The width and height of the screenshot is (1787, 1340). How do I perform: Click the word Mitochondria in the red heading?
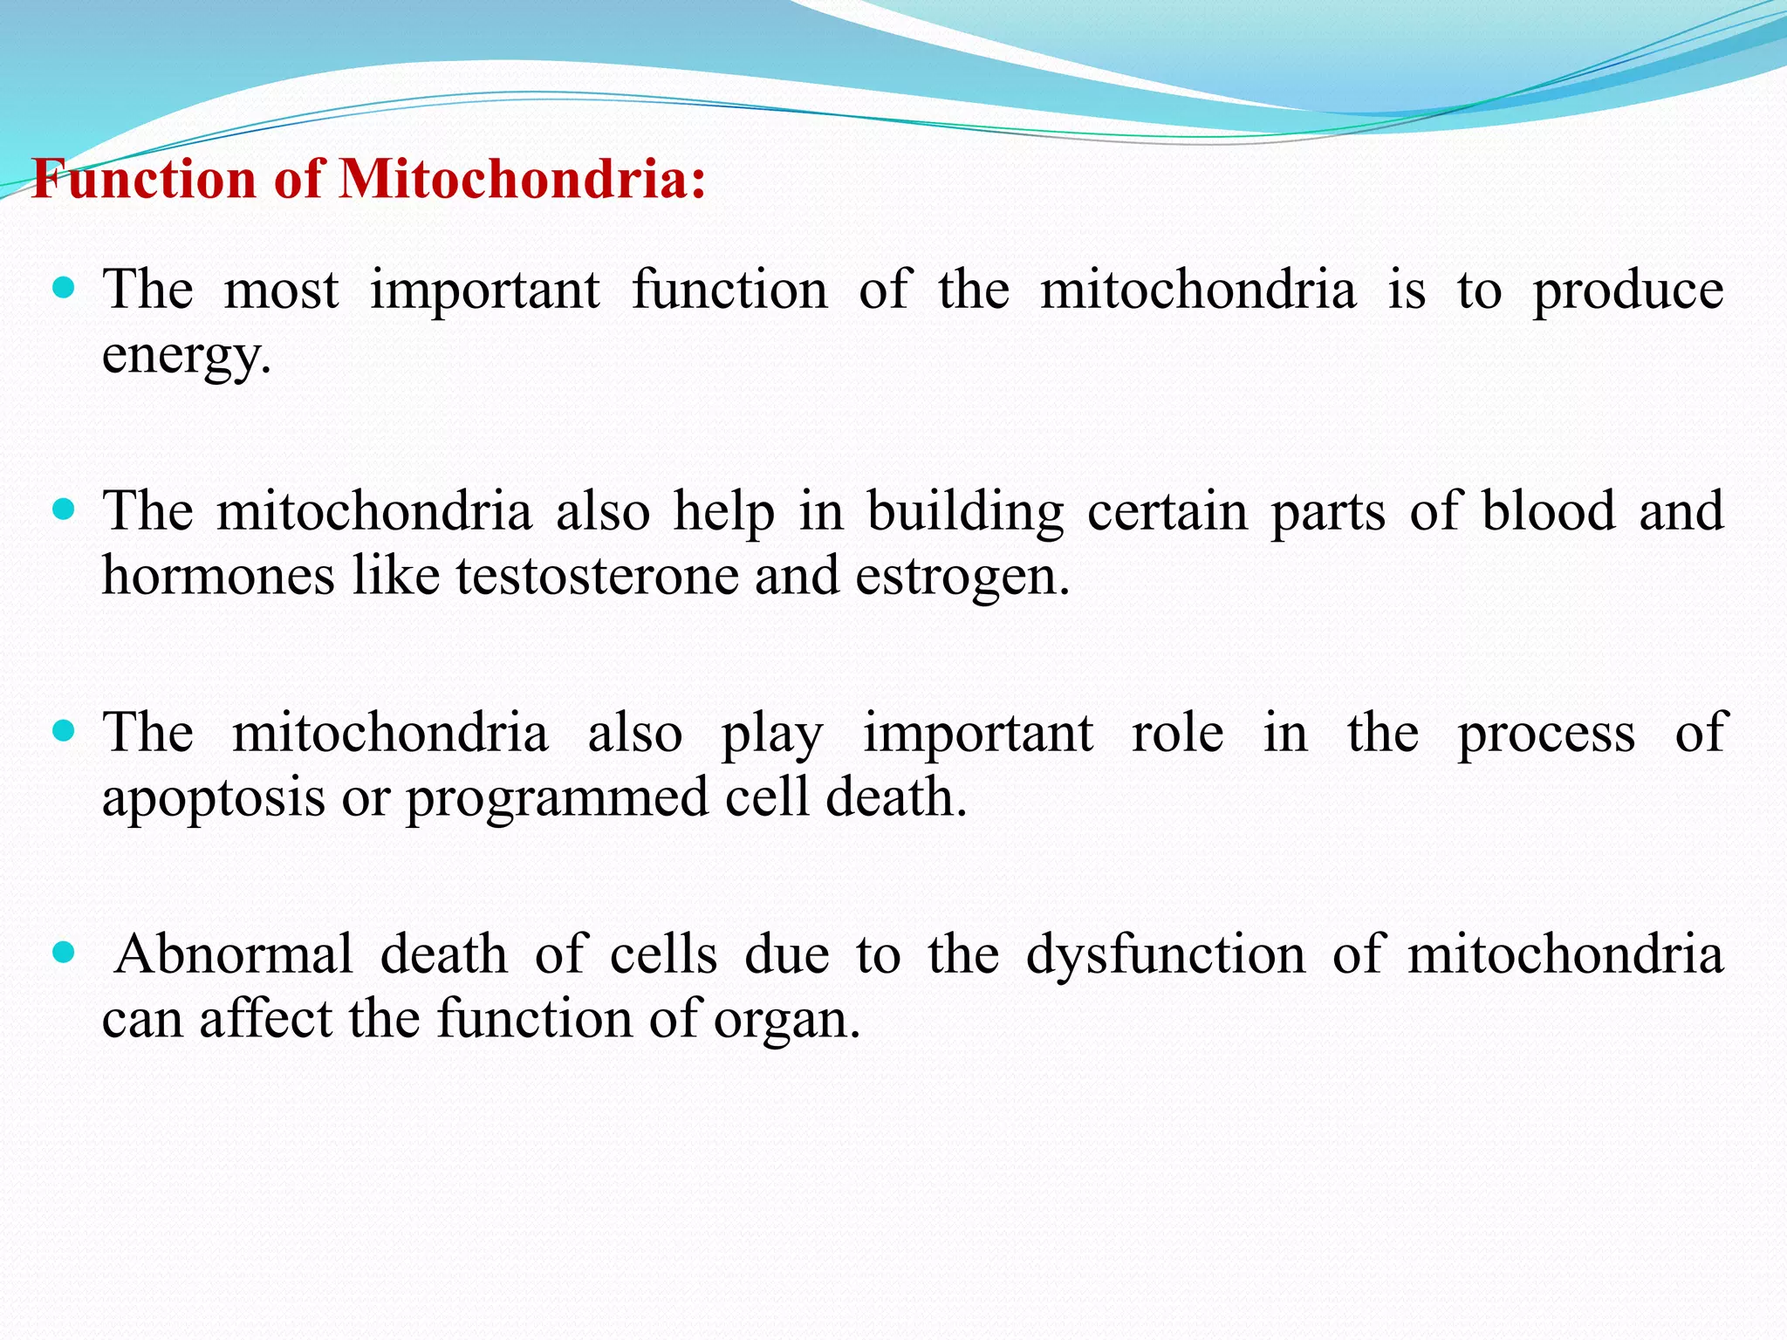pos(520,180)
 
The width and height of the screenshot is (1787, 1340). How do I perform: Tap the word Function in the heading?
pos(145,180)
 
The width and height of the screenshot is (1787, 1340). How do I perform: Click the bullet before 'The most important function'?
pos(64,288)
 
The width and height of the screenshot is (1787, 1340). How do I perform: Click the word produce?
pos(1628,291)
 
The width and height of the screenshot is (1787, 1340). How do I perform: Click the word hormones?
pos(218,576)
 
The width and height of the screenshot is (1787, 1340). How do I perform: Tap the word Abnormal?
pos(234,954)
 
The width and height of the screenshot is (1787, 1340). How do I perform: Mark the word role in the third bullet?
pos(1178,733)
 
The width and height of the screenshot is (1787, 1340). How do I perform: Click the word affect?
pos(265,1019)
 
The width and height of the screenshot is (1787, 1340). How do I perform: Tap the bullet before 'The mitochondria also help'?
pos(64,509)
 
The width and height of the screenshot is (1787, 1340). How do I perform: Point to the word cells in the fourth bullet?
pos(663,954)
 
